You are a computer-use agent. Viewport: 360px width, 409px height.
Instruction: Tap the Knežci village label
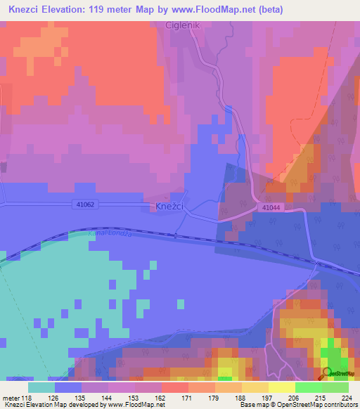point(169,207)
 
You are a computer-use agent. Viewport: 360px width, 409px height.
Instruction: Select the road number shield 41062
point(85,204)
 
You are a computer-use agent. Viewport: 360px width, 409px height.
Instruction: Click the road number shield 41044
point(271,208)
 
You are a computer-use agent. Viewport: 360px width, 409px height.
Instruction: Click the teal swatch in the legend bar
point(41,387)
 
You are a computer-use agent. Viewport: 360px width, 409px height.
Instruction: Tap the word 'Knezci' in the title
point(27,9)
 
